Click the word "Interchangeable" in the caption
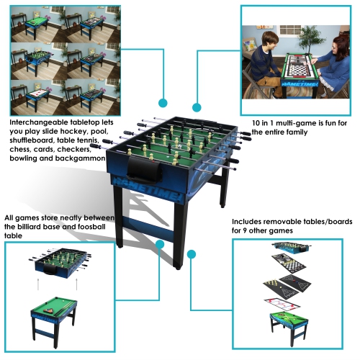[35, 123]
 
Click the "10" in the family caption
[256, 123]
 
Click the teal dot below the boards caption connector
[192, 254]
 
